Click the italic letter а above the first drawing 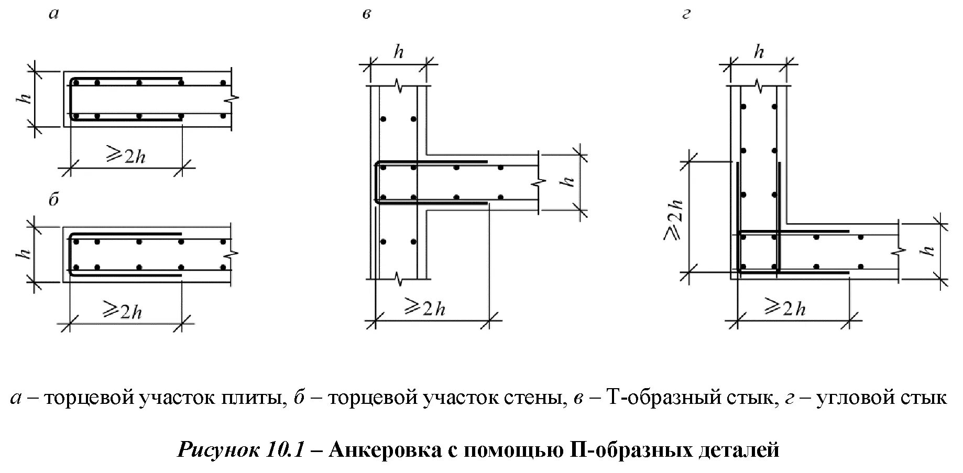[53, 14]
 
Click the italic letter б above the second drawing [54, 200]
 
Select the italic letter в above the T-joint [366, 14]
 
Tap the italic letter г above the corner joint [686, 14]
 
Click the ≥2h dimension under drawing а [126, 156]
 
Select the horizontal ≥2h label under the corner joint [785, 307]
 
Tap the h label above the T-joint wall [399, 52]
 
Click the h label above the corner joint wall [759, 52]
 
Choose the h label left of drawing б [25, 254]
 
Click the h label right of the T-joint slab [568, 182]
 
